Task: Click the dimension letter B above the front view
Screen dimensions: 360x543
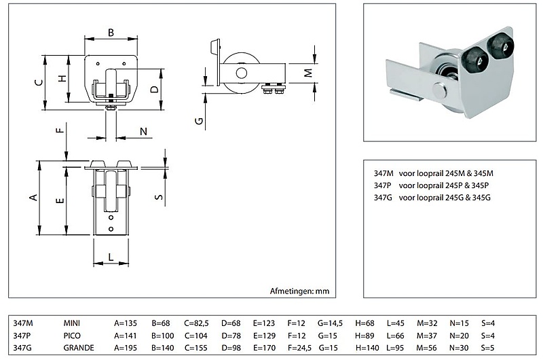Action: click(111, 31)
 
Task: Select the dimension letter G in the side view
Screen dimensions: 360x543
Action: click(198, 121)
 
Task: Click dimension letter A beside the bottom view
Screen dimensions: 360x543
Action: click(31, 198)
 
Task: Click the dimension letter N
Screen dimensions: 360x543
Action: click(144, 131)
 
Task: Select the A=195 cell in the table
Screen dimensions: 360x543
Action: click(128, 348)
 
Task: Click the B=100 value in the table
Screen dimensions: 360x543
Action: click(162, 336)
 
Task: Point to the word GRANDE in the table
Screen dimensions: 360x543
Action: click(79, 348)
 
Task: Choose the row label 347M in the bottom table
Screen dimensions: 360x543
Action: click(23, 323)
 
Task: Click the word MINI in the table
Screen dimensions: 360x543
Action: click(72, 323)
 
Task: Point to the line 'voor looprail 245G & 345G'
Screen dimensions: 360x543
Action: click(444, 197)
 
